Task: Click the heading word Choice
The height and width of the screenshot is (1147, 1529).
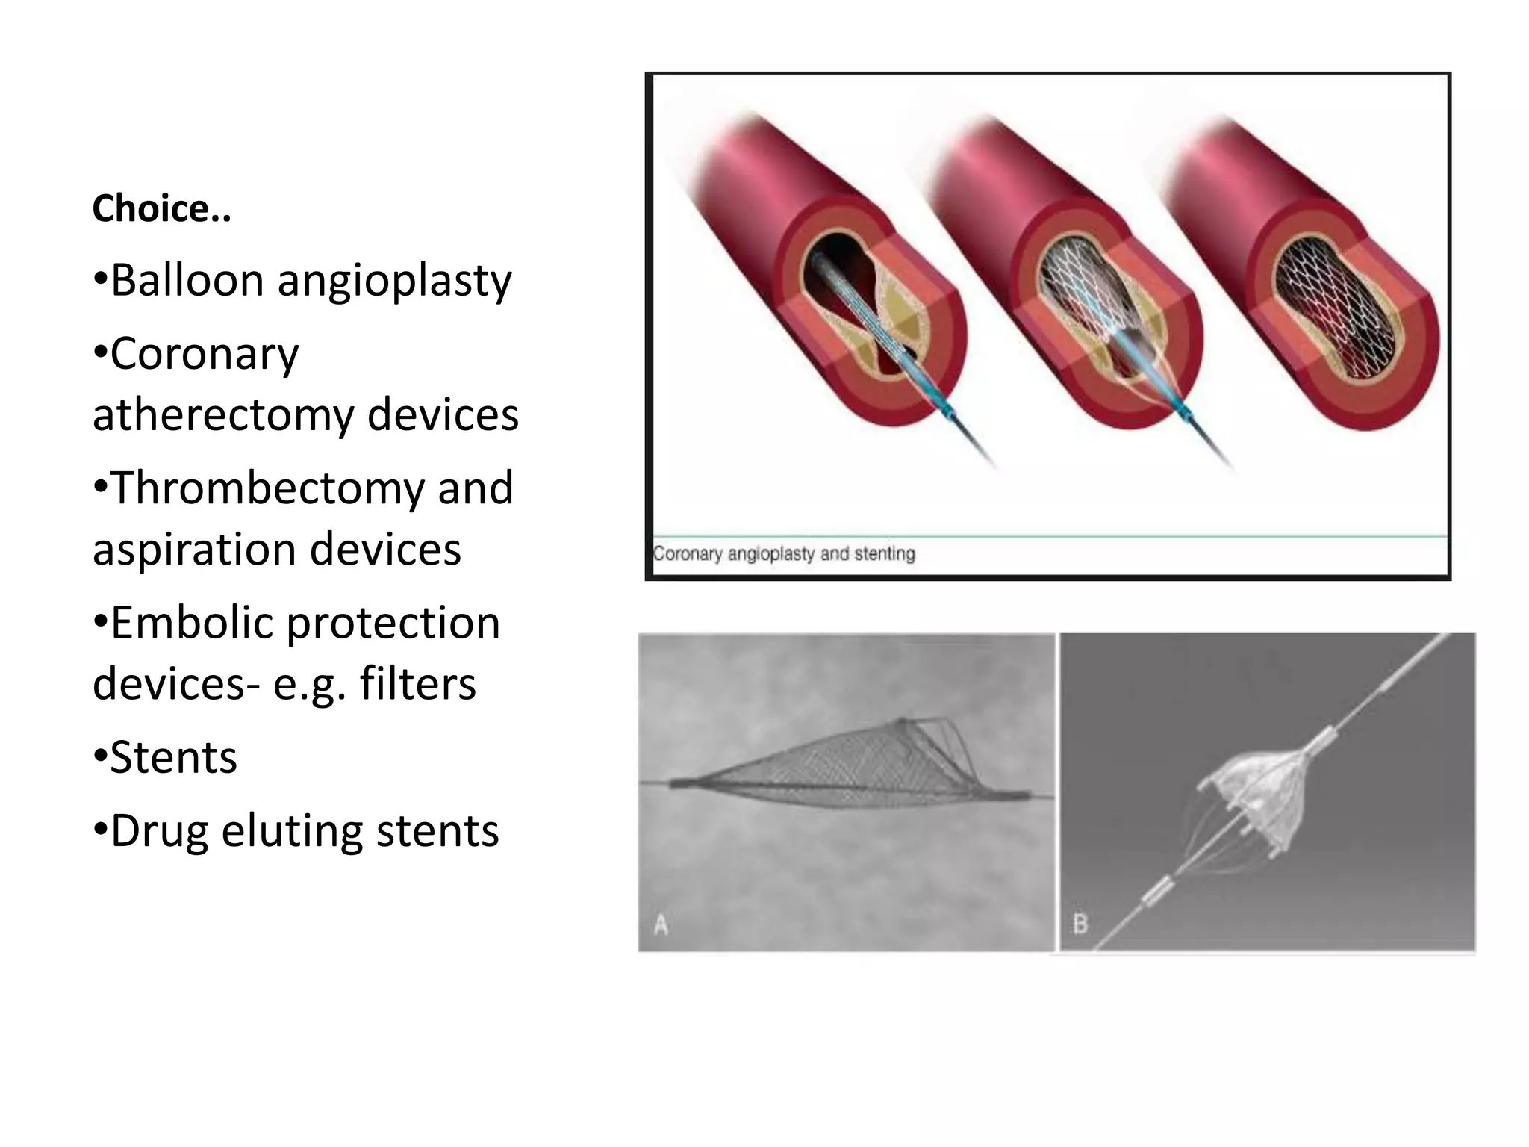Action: [x=161, y=208]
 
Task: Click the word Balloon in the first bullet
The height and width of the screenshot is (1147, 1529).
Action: [x=187, y=281]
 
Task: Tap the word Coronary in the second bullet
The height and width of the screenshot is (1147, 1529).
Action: [x=204, y=354]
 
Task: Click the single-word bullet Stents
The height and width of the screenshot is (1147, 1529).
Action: [x=173, y=757]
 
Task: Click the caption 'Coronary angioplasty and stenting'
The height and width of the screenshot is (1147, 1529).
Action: [x=784, y=554]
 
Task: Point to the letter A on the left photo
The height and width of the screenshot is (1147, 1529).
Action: [x=661, y=926]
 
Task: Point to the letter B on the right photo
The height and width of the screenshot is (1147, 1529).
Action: [x=1080, y=924]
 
